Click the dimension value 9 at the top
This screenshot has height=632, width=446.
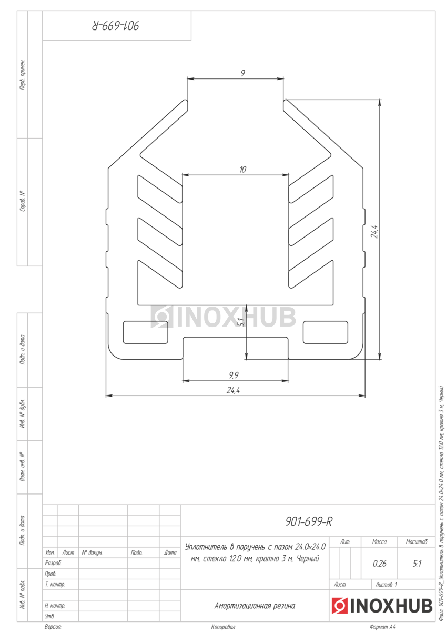pos(242,73)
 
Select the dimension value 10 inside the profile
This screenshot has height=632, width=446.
pos(242,169)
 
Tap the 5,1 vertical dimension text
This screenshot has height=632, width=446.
pos(241,322)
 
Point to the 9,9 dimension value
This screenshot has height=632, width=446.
pos(234,375)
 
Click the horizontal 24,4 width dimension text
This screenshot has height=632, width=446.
pos(233,390)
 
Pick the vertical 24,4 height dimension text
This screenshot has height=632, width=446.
pos(374,231)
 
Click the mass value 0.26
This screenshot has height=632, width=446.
pos(379,564)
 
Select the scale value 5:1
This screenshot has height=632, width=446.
pos(417,564)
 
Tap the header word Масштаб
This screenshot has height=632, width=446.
pos(417,542)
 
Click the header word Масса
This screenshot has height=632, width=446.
pos(379,542)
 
